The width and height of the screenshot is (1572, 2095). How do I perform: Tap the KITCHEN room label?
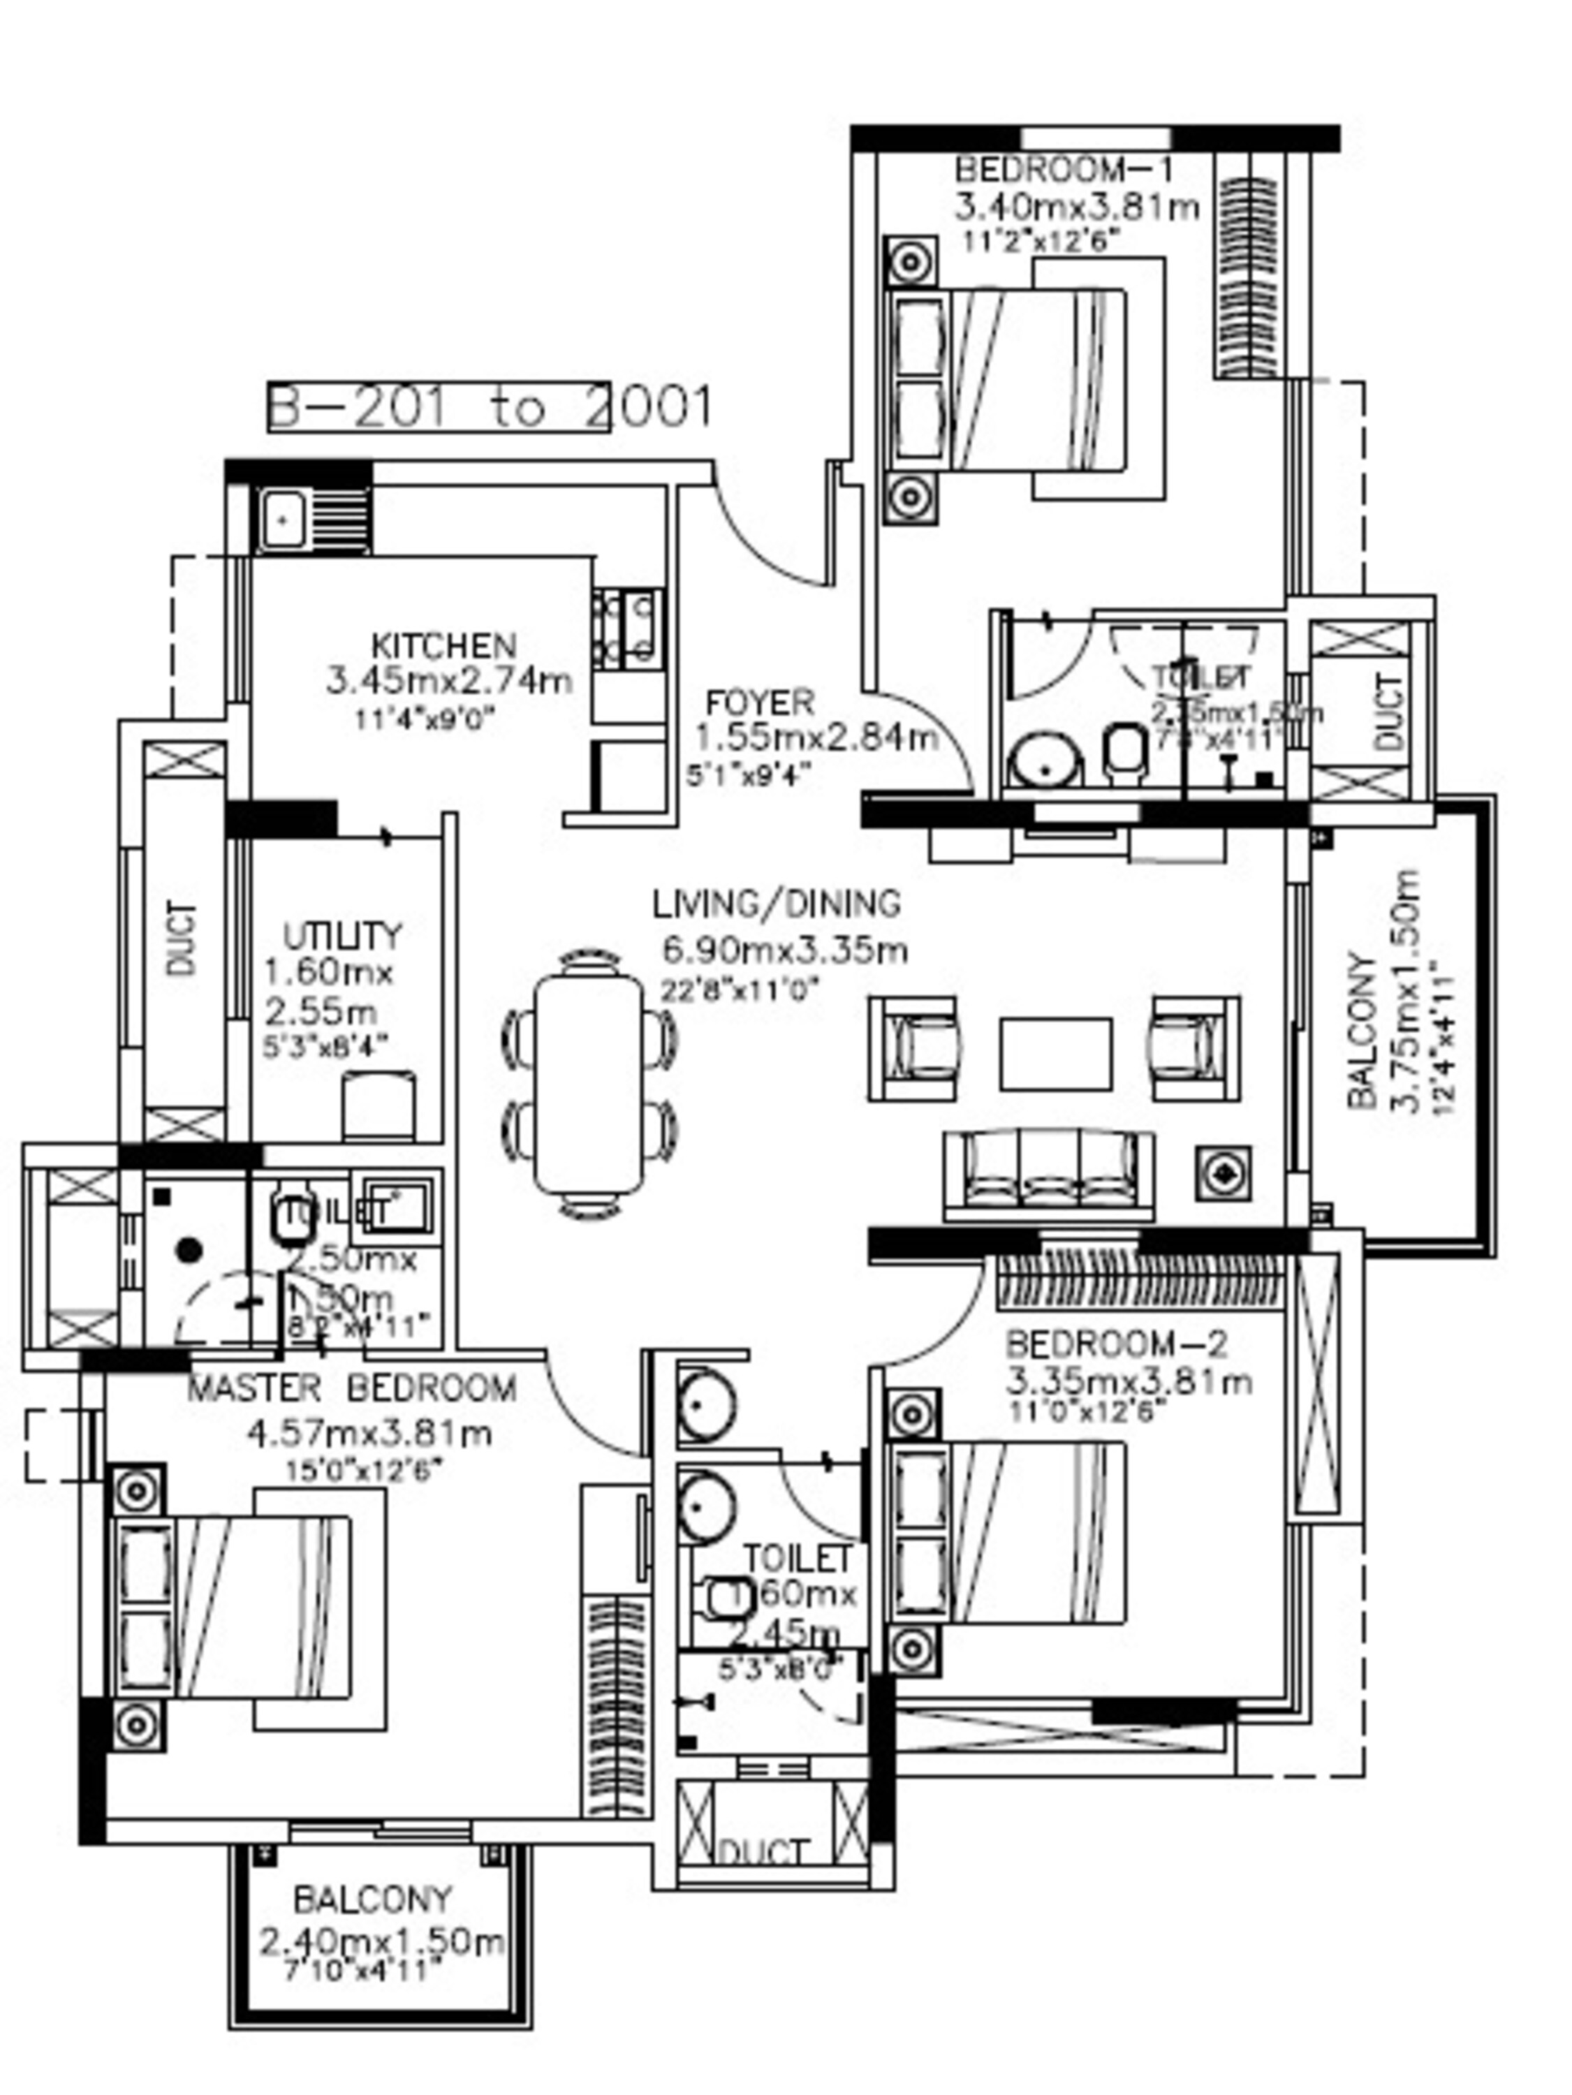tap(443, 646)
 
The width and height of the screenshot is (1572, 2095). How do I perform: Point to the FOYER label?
tap(760, 703)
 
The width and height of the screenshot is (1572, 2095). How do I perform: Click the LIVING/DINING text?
tap(777, 904)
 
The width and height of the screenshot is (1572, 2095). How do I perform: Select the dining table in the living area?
tap(589, 1085)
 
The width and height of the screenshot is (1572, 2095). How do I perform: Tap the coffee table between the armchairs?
tap(1056, 1053)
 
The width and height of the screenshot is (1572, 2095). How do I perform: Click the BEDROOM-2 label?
tap(1115, 1343)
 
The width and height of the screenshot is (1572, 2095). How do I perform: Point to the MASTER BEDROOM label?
tap(351, 1388)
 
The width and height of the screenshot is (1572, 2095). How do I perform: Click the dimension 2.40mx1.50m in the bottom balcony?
tap(381, 1943)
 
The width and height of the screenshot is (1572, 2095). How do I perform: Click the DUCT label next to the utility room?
tap(183, 939)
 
